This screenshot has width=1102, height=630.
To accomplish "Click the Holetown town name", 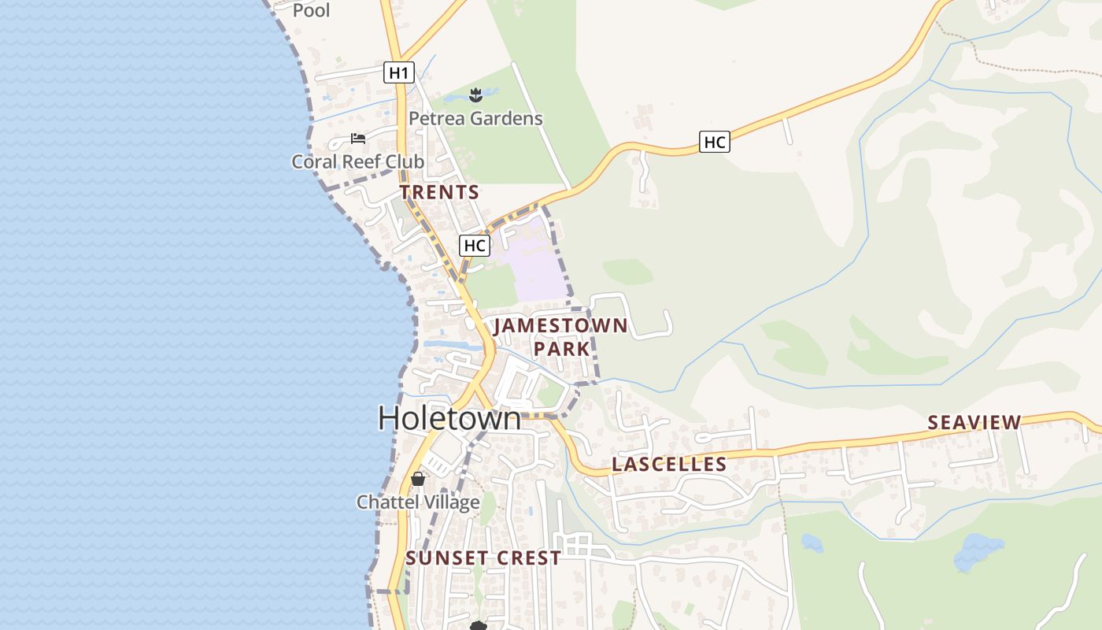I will pos(449,418).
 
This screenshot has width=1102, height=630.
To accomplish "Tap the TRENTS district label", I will pos(439,192).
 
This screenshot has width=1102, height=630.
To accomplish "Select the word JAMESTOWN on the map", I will pos(560,326).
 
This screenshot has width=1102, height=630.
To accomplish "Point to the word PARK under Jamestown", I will pos(562,348).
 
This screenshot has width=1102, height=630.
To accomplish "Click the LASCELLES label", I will pos(669,465).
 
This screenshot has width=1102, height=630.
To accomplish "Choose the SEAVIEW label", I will pos(974,422).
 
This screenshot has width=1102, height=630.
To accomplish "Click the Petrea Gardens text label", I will pos(475,119).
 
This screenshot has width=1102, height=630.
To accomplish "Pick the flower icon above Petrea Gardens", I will pos(475,95).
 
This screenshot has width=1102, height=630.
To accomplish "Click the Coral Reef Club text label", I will pos(358,161).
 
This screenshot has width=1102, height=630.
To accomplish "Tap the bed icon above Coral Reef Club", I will pos(358,139).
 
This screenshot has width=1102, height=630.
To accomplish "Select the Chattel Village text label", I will pos(418,502).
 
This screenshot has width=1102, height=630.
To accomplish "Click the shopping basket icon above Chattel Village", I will pos(418,479).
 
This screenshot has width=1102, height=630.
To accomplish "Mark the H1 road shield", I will pos(399,73).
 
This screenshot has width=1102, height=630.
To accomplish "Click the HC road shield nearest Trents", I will pos(475,245).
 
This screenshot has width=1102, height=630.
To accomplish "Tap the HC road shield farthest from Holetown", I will pos(714,143).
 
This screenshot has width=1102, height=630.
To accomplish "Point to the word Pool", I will pos(312,10).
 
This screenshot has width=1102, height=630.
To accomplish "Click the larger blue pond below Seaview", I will pos(978,551).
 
